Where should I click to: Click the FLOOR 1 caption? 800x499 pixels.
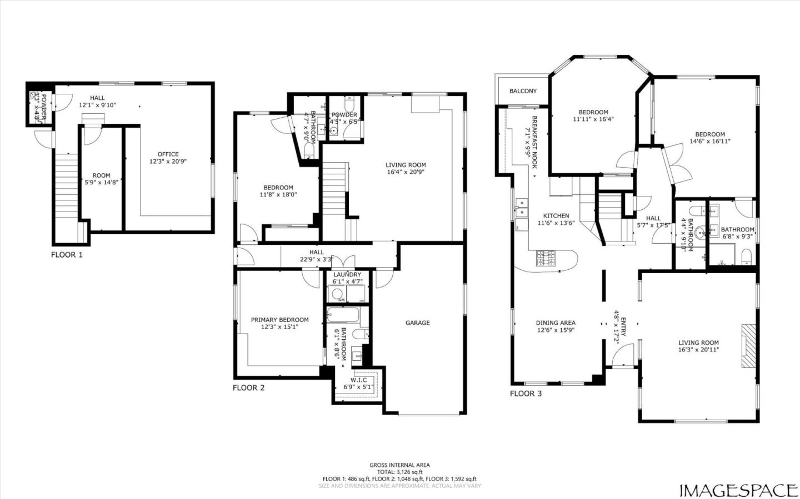tap(67, 255)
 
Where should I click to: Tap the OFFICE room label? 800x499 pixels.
tap(168, 154)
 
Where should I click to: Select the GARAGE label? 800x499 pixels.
tap(417, 322)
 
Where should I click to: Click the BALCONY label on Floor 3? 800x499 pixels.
tap(523, 91)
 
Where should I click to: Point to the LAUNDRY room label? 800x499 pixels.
tap(347, 275)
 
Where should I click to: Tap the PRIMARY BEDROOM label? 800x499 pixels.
tap(279, 320)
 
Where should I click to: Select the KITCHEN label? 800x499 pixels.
tap(556, 216)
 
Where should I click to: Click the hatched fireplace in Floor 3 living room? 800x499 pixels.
tap(748, 346)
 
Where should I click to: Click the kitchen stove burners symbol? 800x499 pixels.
tap(545, 258)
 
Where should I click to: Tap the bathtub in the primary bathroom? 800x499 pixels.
tap(343, 316)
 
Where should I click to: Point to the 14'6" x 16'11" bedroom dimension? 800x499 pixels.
tap(709, 141)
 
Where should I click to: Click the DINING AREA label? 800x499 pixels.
tap(556, 322)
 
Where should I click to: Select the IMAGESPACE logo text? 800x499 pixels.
tap(738, 490)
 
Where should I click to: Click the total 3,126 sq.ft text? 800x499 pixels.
tap(399, 472)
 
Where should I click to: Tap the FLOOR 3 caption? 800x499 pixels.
tap(526, 394)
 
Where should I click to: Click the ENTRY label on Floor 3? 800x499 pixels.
tap(623, 323)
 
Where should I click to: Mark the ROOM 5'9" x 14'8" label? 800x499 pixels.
tap(101, 175)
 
